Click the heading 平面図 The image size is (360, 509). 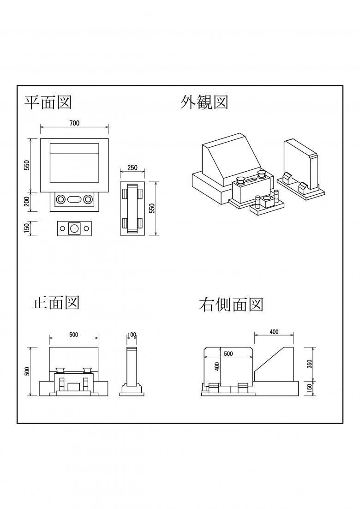pos(48,102)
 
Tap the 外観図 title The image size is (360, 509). pos(204,102)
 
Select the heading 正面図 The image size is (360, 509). pos(56,302)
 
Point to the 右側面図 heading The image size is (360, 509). pos(231,305)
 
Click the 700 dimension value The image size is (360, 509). pos(74,123)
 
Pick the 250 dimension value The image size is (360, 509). pos(132,168)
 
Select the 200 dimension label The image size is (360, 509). pos(27,201)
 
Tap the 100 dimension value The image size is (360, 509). pos(132,335)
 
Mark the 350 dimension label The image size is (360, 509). pos(310,364)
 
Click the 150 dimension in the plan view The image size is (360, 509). pos(27,228)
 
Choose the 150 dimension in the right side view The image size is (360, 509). pos(310,389)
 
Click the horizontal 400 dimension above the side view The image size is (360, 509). pos(274,332)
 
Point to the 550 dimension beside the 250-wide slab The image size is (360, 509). pos(152,209)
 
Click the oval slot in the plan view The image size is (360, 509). pos(74,199)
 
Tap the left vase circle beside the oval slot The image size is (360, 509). pos(60,199)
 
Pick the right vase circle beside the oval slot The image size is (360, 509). pos(88,199)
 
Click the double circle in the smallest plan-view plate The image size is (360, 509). pos(74,228)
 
